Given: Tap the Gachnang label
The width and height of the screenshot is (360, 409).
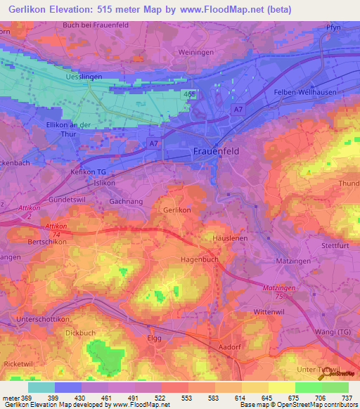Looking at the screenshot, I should [x=107, y=201].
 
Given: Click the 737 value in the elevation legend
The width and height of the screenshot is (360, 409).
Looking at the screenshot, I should [x=347, y=398].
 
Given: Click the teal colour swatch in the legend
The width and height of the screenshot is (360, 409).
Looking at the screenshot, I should [x=41, y=387].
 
